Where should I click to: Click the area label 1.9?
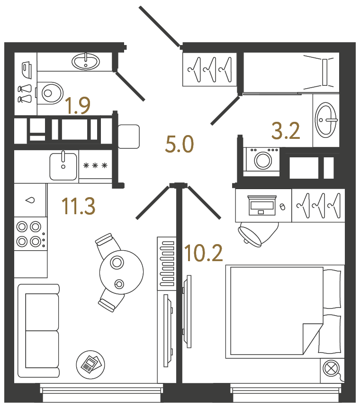click(77, 106)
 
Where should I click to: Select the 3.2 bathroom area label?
click(286, 130)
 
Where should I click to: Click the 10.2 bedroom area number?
click(204, 254)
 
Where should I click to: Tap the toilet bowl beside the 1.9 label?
click(51, 93)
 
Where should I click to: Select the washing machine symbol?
click(262, 160)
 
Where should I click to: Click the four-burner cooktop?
click(29, 234)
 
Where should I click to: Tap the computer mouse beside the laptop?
click(283, 207)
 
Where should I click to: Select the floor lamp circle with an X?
click(331, 368)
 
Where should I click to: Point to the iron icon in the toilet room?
click(26, 69)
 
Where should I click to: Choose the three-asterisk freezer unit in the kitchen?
click(95, 165)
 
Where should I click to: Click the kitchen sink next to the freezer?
click(63, 165)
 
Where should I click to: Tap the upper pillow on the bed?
click(332, 289)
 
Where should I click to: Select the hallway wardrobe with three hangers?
click(209, 70)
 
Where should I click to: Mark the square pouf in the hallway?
click(128, 136)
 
